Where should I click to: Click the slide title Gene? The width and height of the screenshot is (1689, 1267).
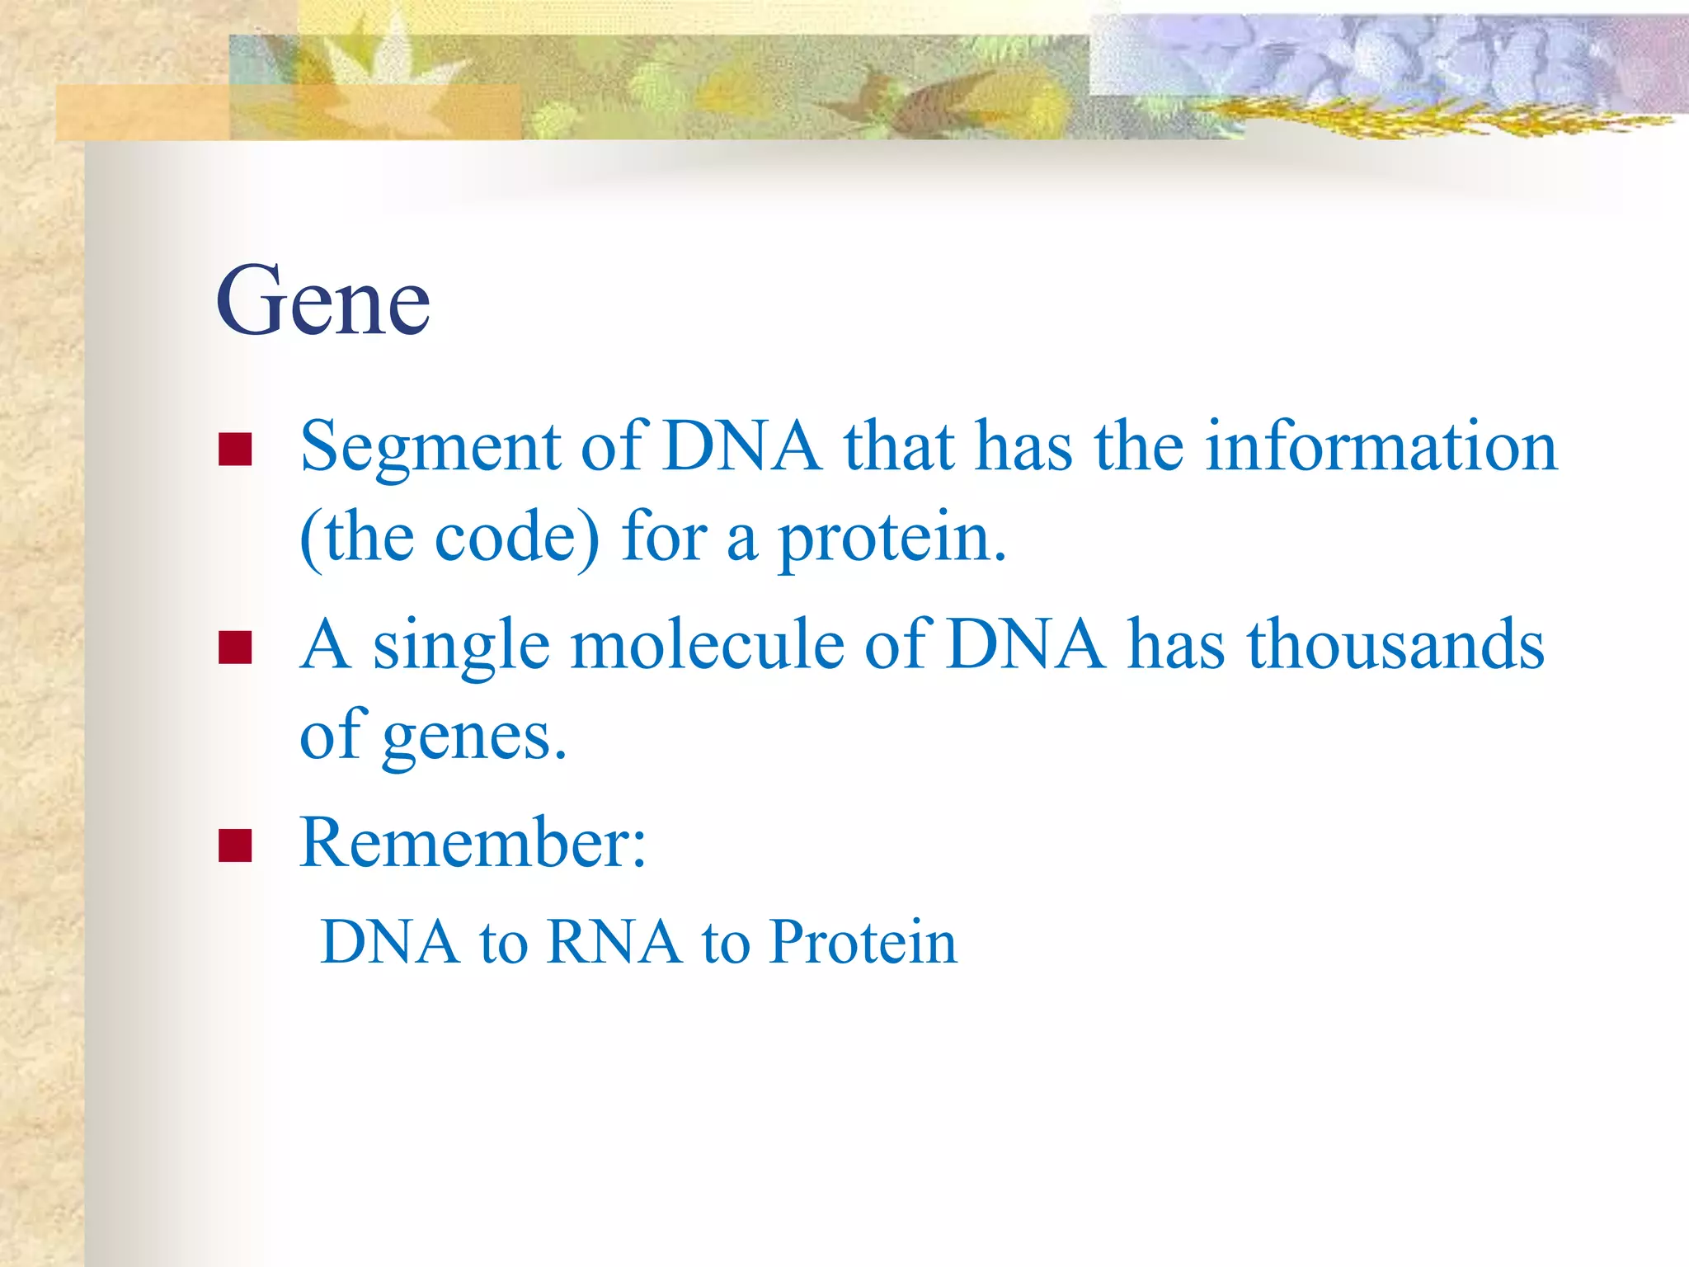point(322,301)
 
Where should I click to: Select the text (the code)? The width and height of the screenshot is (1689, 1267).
point(449,538)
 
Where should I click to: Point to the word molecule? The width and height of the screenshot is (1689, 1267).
point(708,645)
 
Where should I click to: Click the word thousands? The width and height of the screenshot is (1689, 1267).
point(1395,645)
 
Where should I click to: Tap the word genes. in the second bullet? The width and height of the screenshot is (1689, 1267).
point(474,737)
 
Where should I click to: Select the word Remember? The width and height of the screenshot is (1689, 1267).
point(473,842)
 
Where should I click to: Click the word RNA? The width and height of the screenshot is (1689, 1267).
point(614,942)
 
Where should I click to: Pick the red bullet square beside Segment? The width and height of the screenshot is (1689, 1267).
point(235,450)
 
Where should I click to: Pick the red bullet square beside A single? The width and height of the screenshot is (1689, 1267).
point(235,648)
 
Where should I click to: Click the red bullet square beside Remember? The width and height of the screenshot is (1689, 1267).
point(235,845)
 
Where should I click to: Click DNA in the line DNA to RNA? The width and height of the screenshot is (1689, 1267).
point(390,942)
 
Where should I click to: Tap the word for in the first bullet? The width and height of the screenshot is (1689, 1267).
point(664,538)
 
